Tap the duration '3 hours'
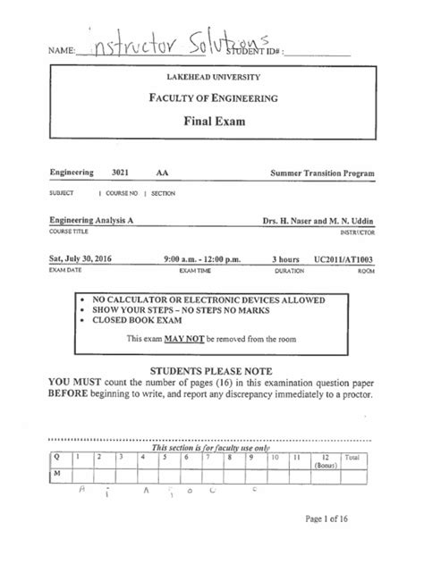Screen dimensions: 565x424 (x=287, y=259)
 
